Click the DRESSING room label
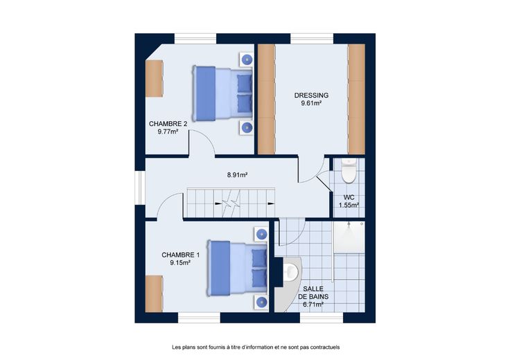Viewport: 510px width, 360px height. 311,96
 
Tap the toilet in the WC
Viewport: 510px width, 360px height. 349,170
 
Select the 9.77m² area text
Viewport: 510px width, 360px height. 168,132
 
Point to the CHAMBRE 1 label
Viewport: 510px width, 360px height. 181,255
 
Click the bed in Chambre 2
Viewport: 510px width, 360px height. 223,93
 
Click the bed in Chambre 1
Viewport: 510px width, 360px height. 238,268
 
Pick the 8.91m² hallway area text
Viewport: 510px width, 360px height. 238,175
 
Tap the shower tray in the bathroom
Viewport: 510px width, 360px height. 349,237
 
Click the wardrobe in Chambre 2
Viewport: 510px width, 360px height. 154,79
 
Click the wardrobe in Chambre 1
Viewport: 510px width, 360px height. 154,294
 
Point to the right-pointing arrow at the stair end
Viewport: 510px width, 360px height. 271,204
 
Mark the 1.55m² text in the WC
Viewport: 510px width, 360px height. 349,206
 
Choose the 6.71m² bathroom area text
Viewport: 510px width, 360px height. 313,305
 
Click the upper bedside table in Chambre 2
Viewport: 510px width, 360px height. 247,60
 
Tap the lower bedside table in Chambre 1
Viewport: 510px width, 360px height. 261,302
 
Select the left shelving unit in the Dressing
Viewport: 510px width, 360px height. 266,99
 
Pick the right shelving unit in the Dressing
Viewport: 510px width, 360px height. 356,99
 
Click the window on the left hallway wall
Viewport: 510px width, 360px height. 140,188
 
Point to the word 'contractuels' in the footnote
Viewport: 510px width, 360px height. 325,348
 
